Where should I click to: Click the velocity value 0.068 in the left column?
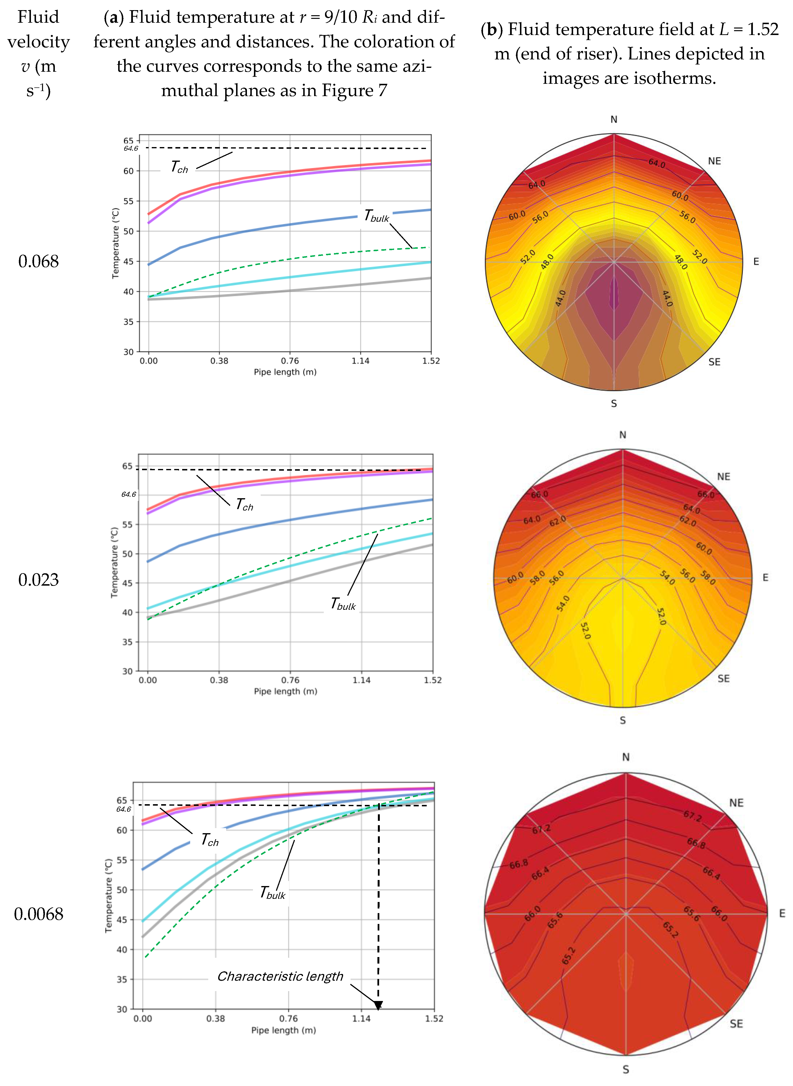point(38,262)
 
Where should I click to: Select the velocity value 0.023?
point(38,580)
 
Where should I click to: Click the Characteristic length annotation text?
point(280,976)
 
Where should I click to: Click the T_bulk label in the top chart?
point(376,216)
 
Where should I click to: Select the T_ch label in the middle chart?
point(244,505)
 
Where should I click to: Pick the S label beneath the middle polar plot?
point(623,720)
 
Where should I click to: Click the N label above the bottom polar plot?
point(626,757)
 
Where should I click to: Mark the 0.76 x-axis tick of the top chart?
point(289,361)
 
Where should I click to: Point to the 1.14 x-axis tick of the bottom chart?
point(361,1018)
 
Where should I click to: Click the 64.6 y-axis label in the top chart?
point(130,148)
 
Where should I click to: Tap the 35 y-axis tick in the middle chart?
point(127,642)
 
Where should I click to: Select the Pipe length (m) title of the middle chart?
point(286,691)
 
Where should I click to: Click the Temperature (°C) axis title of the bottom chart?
point(109,895)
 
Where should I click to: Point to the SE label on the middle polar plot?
point(723,679)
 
